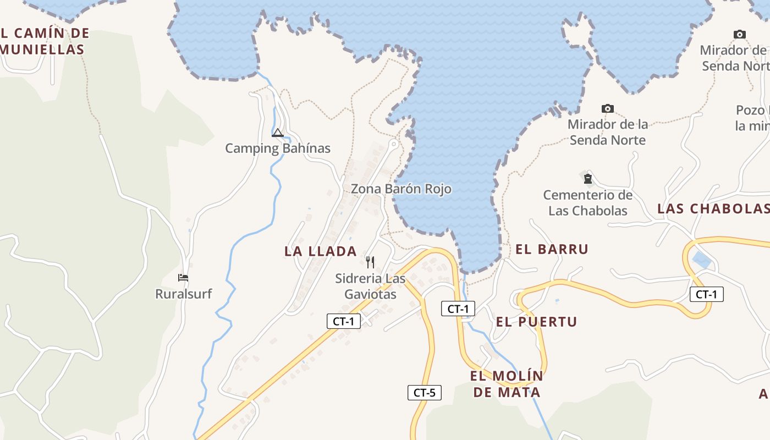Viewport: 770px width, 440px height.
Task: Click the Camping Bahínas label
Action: tap(278, 148)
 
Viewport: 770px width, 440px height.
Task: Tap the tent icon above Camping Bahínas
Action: tap(278, 133)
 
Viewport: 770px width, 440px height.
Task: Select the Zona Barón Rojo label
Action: tap(401, 189)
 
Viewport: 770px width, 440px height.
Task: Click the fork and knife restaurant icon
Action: tap(370, 262)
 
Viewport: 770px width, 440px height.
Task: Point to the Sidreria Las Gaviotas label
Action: tap(370, 286)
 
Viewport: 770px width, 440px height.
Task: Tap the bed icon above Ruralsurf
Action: tap(183, 278)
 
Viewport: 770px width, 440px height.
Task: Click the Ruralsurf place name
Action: tap(183, 294)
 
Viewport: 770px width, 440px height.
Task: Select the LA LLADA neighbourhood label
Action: tap(321, 251)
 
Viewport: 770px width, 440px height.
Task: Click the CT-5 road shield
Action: tap(424, 393)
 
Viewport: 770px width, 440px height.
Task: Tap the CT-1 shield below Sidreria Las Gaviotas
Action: tap(344, 321)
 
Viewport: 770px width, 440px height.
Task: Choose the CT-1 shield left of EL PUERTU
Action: tap(458, 309)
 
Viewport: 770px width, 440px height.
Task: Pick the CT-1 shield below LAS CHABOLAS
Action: tap(706, 294)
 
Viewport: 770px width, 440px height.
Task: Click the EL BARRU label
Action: tap(552, 249)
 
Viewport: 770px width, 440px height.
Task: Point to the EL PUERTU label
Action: tap(536, 322)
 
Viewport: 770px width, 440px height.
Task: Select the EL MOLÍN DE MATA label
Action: tap(507, 384)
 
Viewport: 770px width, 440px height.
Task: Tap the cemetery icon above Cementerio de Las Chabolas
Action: tap(587, 178)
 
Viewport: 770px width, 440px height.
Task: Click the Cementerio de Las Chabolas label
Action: tap(587, 202)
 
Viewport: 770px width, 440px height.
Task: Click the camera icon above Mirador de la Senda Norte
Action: tap(607, 108)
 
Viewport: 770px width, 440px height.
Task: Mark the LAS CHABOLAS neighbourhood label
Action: tap(713, 208)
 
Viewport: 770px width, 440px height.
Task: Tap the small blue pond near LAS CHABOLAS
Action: tap(701, 260)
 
